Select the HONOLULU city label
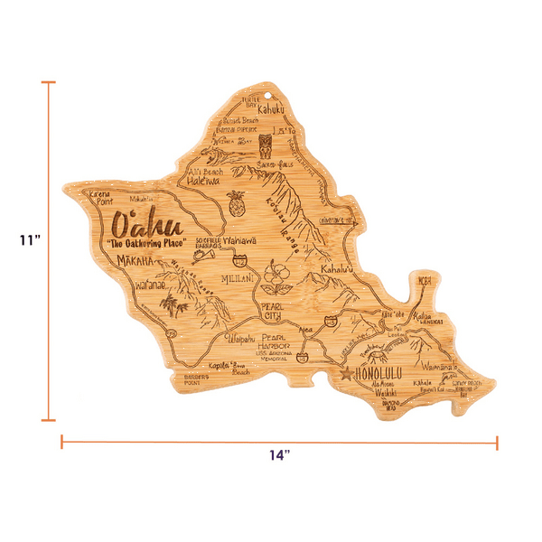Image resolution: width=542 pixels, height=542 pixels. [x=380, y=371]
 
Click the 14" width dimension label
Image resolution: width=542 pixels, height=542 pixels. [x=277, y=456]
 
